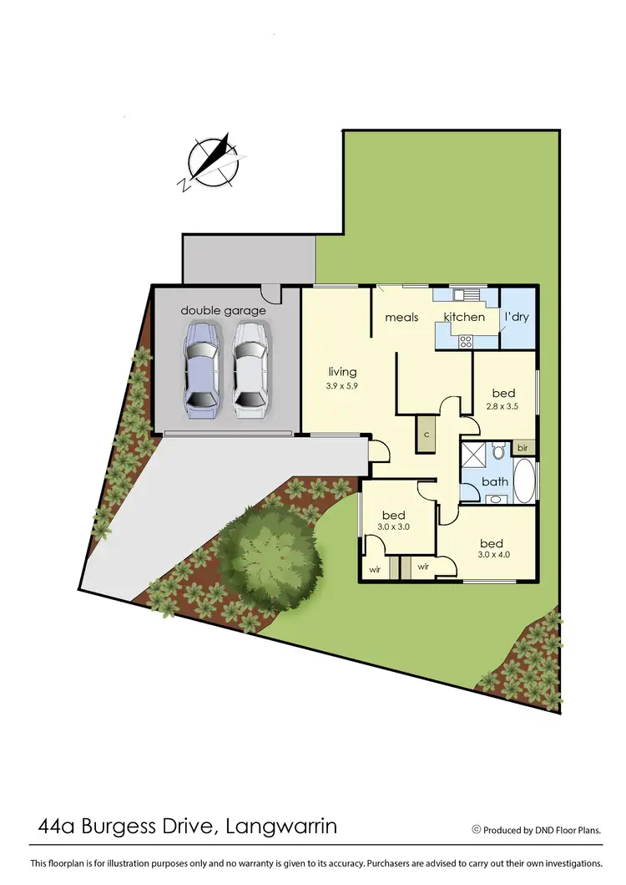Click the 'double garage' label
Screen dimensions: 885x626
pyautogui.click(x=224, y=311)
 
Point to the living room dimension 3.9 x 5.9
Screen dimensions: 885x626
pyautogui.click(x=342, y=386)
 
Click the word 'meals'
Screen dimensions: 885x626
pyautogui.click(x=401, y=318)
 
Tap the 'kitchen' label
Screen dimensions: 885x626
pyautogui.click(x=464, y=318)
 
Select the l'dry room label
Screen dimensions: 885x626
pyautogui.click(x=517, y=318)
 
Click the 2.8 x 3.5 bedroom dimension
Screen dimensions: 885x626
pyautogui.click(x=503, y=408)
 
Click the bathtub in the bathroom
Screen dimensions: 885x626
pyautogui.click(x=524, y=481)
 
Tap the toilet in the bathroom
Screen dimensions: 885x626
pyautogui.click(x=498, y=453)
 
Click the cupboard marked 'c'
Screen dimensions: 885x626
pyautogui.click(x=426, y=435)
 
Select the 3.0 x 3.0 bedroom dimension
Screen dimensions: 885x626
pyautogui.click(x=393, y=528)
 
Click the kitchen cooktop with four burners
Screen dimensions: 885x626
pyautogui.click(x=464, y=341)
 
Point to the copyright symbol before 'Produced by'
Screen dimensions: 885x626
pyautogui.click(x=477, y=830)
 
